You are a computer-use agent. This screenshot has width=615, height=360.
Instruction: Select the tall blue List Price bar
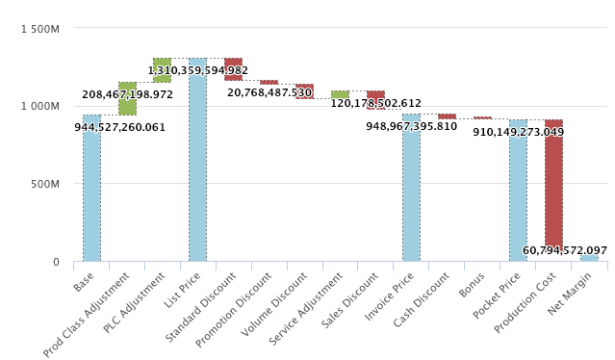[x=197, y=164]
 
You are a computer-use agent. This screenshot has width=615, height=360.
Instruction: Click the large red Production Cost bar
[x=553, y=183]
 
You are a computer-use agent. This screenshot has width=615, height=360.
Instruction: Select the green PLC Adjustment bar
[x=162, y=69]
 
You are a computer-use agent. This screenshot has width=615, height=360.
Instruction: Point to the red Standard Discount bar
[x=233, y=68]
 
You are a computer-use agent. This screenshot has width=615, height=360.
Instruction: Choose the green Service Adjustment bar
[x=340, y=94]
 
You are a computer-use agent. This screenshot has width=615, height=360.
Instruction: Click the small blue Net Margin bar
[x=589, y=258]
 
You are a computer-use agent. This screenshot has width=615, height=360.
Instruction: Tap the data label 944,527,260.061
[x=120, y=127]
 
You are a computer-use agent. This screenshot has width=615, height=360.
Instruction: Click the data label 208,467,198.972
[x=127, y=95]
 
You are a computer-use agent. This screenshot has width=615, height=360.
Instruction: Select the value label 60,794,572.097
[x=565, y=250]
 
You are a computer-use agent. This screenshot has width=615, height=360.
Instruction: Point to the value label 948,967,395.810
[x=411, y=126]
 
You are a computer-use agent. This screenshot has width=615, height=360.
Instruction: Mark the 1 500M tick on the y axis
[x=39, y=29]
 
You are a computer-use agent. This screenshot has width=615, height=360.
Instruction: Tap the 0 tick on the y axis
[x=56, y=262]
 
